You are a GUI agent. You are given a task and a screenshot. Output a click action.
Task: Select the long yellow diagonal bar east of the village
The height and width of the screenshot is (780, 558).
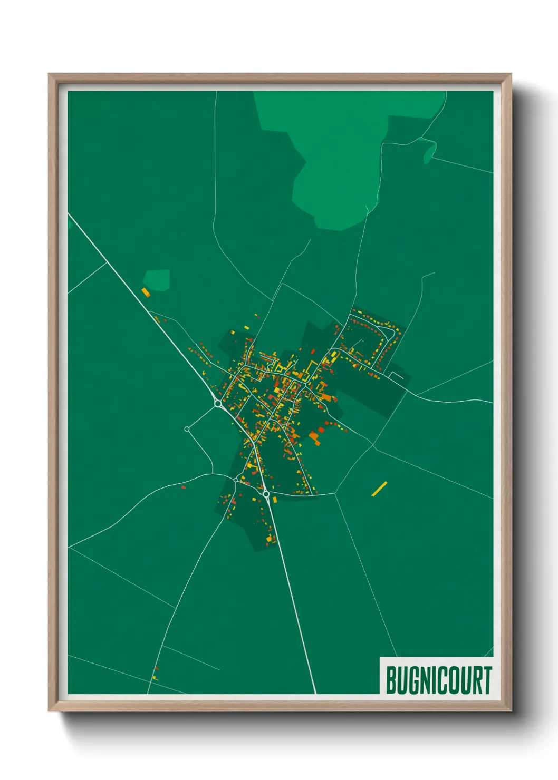click(379, 489)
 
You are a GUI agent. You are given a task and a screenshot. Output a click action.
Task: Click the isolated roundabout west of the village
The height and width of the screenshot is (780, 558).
click(187, 430)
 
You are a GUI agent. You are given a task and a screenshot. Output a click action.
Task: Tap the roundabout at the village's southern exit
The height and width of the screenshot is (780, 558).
click(266, 494)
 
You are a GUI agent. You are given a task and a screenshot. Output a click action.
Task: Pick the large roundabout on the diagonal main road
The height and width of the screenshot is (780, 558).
click(217, 404)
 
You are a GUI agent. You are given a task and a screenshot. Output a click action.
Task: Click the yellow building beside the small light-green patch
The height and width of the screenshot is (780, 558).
click(146, 291)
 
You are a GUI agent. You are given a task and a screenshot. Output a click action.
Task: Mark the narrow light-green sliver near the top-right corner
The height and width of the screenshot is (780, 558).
click(429, 152)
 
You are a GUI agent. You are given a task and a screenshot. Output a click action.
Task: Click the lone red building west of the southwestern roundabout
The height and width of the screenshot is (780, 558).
click(184, 487)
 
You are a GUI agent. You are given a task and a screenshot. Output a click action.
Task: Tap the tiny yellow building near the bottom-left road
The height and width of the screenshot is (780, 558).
click(155, 677)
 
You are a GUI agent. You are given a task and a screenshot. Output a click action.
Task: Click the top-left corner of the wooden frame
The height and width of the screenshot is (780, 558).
click(49, 74)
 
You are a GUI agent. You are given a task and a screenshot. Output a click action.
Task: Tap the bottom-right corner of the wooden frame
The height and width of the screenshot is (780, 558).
click(511, 711)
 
